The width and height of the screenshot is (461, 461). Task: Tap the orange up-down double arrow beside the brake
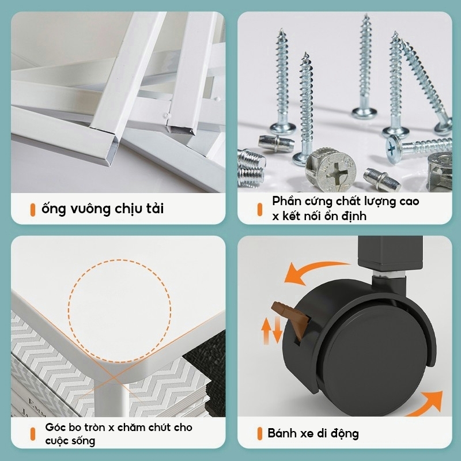pyautogui.click(x=271, y=331)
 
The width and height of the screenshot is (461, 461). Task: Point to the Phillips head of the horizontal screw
pyautogui.click(x=394, y=149)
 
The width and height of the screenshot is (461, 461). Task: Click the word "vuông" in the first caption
pyautogui.click(x=90, y=209)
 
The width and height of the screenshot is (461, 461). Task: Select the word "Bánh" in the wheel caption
pyautogui.click(x=282, y=433)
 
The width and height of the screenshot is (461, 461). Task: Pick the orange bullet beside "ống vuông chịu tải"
pyautogui.click(x=33, y=210)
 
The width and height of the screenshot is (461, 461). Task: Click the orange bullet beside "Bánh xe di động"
pyautogui.click(x=260, y=434)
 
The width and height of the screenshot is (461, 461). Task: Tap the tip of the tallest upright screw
pyautogui.click(x=366, y=15)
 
